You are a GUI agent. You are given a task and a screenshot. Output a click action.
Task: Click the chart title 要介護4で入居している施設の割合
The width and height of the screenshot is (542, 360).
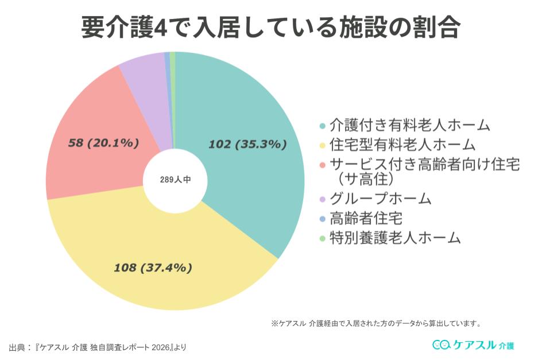(270, 25)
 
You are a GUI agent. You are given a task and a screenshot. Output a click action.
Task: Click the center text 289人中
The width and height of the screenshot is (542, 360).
(175, 180)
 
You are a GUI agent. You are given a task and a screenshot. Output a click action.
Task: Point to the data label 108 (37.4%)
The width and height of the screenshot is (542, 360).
(153, 267)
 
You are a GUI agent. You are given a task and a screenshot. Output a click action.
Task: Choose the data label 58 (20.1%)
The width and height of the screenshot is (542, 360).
(103, 142)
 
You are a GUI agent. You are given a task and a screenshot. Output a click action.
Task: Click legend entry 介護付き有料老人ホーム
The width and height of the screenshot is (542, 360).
(410, 125)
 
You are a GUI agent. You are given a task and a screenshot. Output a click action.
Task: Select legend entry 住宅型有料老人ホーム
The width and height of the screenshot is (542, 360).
(402, 144)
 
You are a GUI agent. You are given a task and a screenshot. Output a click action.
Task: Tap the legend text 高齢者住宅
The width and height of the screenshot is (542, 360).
(366, 218)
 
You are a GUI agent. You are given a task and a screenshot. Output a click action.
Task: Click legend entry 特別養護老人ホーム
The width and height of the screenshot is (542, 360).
(395, 237)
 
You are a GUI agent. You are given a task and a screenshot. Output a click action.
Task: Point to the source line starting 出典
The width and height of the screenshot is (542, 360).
(98, 347)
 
